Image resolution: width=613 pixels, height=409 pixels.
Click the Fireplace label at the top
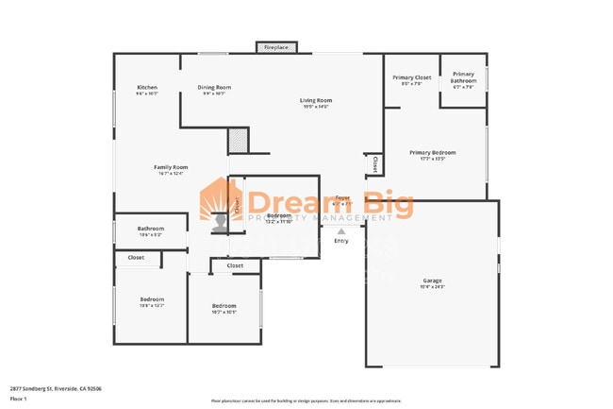pyautogui.click(x=276, y=46)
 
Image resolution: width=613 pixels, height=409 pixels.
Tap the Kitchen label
pyautogui.click(x=146, y=88)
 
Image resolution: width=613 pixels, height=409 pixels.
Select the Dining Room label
pyautogui.click(x=214, y=88)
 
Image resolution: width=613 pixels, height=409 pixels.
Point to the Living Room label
pyautogui.click(x=316, y=100)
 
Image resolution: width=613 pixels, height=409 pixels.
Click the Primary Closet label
pyautogui.click(x=411, y=77)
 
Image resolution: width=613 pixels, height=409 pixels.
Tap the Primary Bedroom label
pyautogui.click(x=433, y=152)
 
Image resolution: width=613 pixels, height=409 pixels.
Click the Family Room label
pyautogui.click(x=171, y=167)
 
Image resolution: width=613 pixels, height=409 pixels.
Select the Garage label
pyautogui.click(x=432, y=281)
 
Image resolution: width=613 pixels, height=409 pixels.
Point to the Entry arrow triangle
pyautogui.click(x=340, y=230)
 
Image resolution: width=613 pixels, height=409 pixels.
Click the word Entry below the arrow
pyautogui.click(x=340, y=241)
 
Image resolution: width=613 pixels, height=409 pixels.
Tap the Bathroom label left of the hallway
pyautogui.click(x=151, y=229)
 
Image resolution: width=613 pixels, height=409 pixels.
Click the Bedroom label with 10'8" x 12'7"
pyautogui.click(x=152, y=299)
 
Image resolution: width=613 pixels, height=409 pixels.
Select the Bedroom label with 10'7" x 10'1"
pyautogui.click(x=224, y=305)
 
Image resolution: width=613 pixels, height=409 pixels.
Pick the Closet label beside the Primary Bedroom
pyautogui.click(x=374, y=164)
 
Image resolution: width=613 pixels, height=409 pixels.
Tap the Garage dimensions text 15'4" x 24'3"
pyautogui.click(x=432, y=287)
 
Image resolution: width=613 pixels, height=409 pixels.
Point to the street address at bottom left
pyautogui.click(x=56, y=388)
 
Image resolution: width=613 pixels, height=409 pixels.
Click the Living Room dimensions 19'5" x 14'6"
pyautogui.click(x=316, y=107)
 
